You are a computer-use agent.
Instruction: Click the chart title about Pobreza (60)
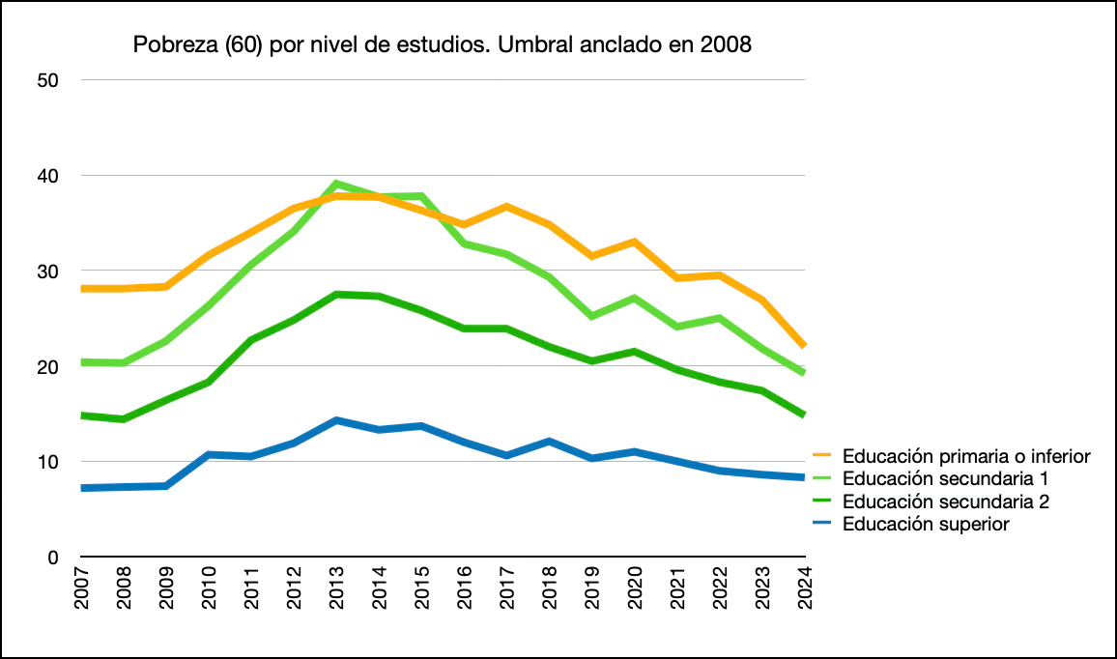coord(442,45)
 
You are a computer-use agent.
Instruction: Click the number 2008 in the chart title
coord(727,45)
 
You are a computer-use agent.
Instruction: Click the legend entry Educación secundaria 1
coord(946,478)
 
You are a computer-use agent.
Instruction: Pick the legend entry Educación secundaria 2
coord(946,501)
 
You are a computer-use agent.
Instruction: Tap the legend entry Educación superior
coord(926,525)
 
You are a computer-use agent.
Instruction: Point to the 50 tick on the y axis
coord(49,81)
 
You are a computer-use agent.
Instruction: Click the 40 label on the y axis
coord(49,176)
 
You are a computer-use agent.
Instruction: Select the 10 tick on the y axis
coord(49,462)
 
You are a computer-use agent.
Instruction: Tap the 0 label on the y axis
coord(54,558)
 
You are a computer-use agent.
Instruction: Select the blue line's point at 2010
coord(210,454)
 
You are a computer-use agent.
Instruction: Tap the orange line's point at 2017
coord(507,207)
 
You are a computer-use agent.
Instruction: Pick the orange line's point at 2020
coord(635,242)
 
